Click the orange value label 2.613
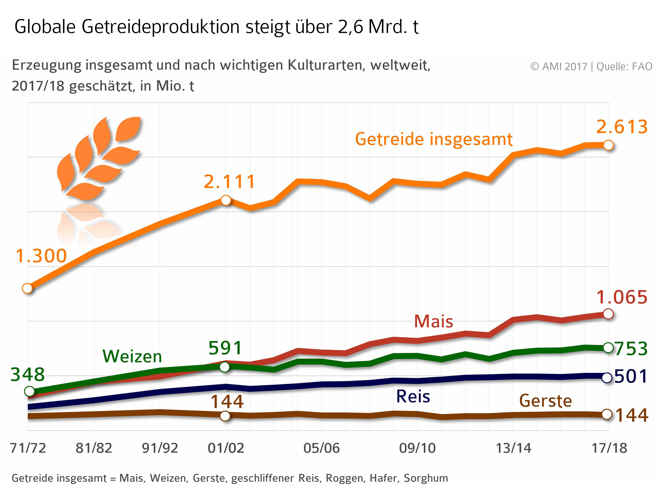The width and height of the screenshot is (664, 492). (622, 127)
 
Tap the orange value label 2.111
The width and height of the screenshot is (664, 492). (229, 182)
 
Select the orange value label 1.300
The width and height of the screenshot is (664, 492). (41, 256)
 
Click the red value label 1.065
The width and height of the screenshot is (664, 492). (622, 297)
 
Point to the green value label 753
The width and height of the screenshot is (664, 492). (631, 349)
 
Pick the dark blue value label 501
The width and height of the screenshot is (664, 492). (631, 377)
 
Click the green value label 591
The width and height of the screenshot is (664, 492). (225, 348)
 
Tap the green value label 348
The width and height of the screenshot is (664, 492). (28, 375)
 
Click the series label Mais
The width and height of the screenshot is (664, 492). (433, 322)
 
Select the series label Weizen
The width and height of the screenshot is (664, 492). (132, 357)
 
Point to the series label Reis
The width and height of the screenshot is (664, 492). (413, 397)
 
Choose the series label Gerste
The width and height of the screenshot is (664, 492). (545, 401)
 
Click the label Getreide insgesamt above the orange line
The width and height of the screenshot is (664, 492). (433, 139)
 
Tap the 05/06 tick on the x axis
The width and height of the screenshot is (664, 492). (321, 448)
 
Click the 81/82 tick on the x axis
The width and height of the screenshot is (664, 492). (94, 448)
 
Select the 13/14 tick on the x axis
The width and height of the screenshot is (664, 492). (513, 448)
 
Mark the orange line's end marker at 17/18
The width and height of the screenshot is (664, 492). (608, 145)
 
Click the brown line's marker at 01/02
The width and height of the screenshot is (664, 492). (225, 416)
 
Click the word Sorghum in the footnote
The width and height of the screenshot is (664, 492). (426, 478)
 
